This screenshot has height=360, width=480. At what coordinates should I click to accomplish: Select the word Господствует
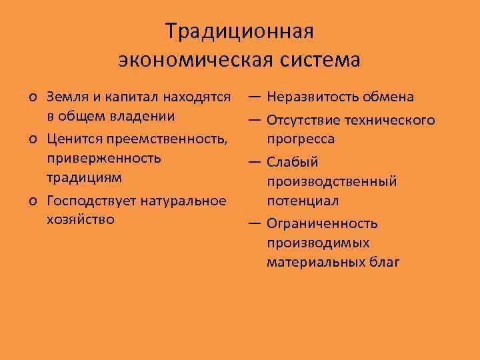tap(89, 201)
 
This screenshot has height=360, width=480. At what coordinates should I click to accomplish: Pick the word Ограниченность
tap(322, 223)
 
